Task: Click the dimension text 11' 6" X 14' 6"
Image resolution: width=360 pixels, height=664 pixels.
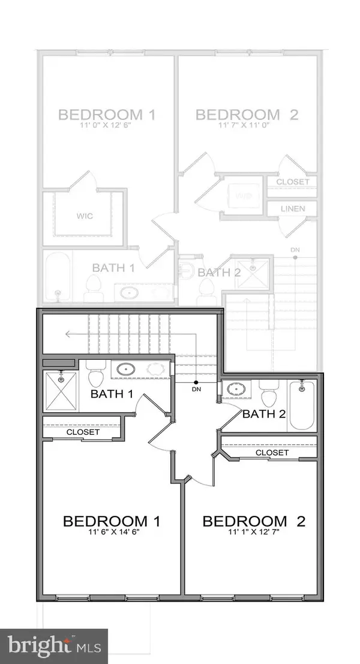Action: point(111,531)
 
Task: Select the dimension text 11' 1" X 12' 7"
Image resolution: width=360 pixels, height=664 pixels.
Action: point(254,531)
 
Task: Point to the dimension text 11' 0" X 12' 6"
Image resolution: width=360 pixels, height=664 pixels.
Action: point(106,125)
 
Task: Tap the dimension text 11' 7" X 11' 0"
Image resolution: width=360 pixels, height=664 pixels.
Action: point(247,125)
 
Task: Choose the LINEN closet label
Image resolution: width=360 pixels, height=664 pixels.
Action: point(293,209)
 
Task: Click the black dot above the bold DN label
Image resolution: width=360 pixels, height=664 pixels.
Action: point(196,382)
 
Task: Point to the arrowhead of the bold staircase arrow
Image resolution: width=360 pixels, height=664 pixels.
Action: point(68,335)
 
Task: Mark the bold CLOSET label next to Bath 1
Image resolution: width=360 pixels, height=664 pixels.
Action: point(82,431)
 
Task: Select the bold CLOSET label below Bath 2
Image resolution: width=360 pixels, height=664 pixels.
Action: point(272,453)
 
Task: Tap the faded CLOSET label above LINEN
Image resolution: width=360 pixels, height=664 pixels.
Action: point(293,182)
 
